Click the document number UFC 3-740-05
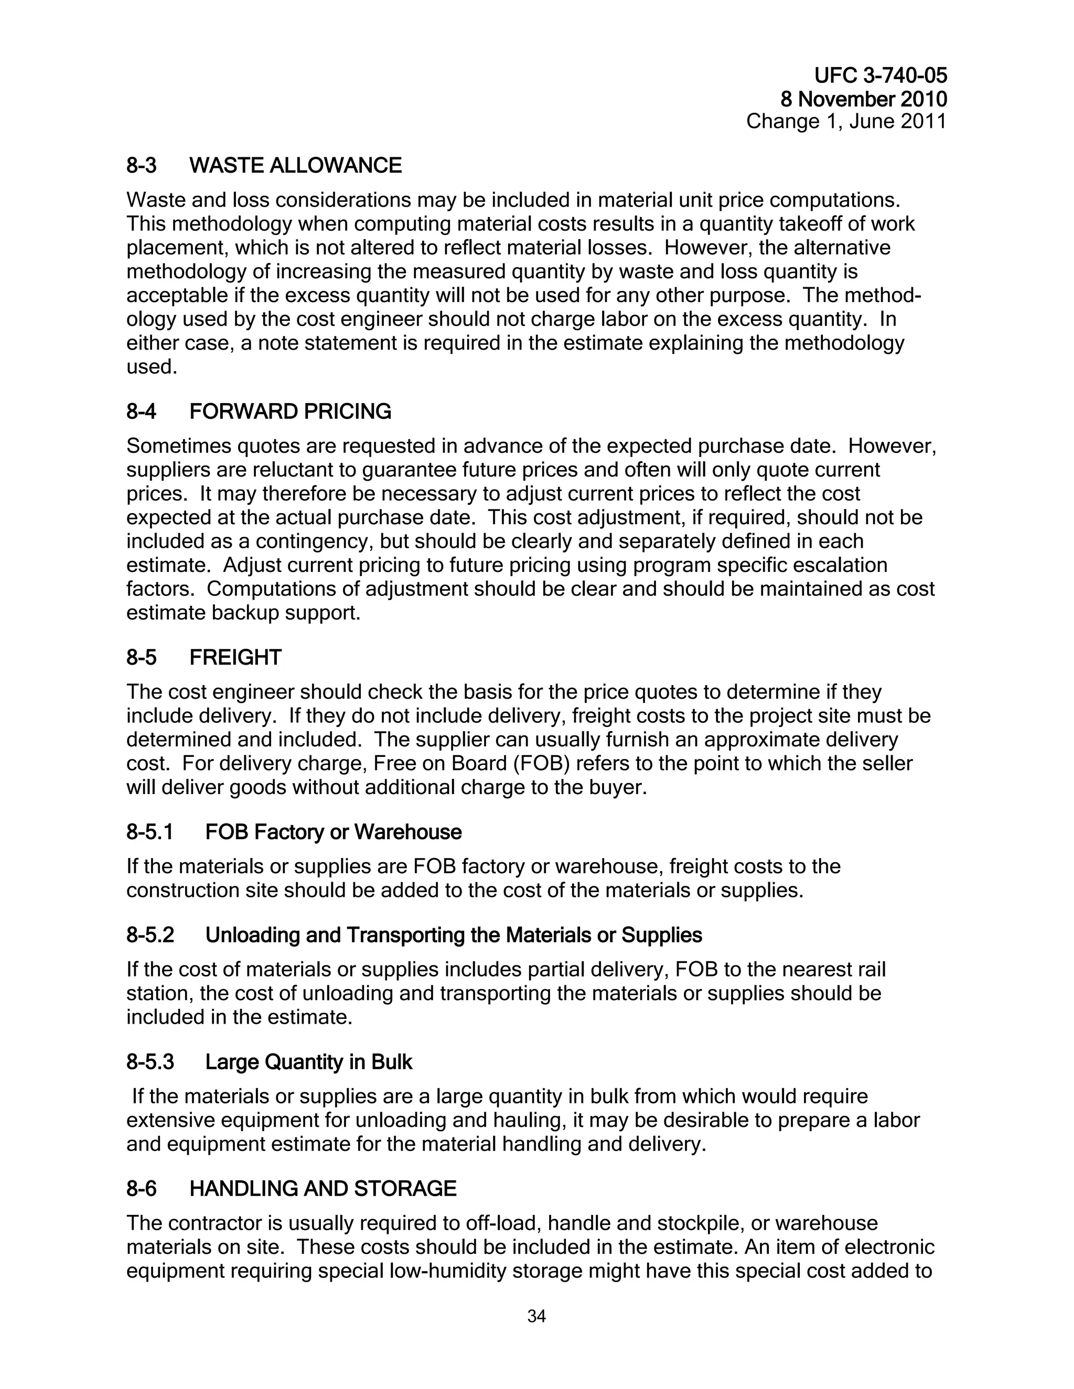point(880,77)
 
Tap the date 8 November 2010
point(863,99)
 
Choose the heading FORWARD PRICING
point(290,411)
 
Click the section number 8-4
point(141,411)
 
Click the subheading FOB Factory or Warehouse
point(333,832)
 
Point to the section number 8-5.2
point(150,935)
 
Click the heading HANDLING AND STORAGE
point(323,1189)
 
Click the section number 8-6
point(141,1189)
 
